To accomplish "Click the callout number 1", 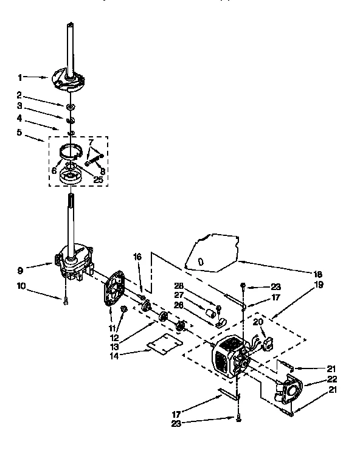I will point(21,77).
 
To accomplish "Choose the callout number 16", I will point(137,257).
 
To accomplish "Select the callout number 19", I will point(319,283).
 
